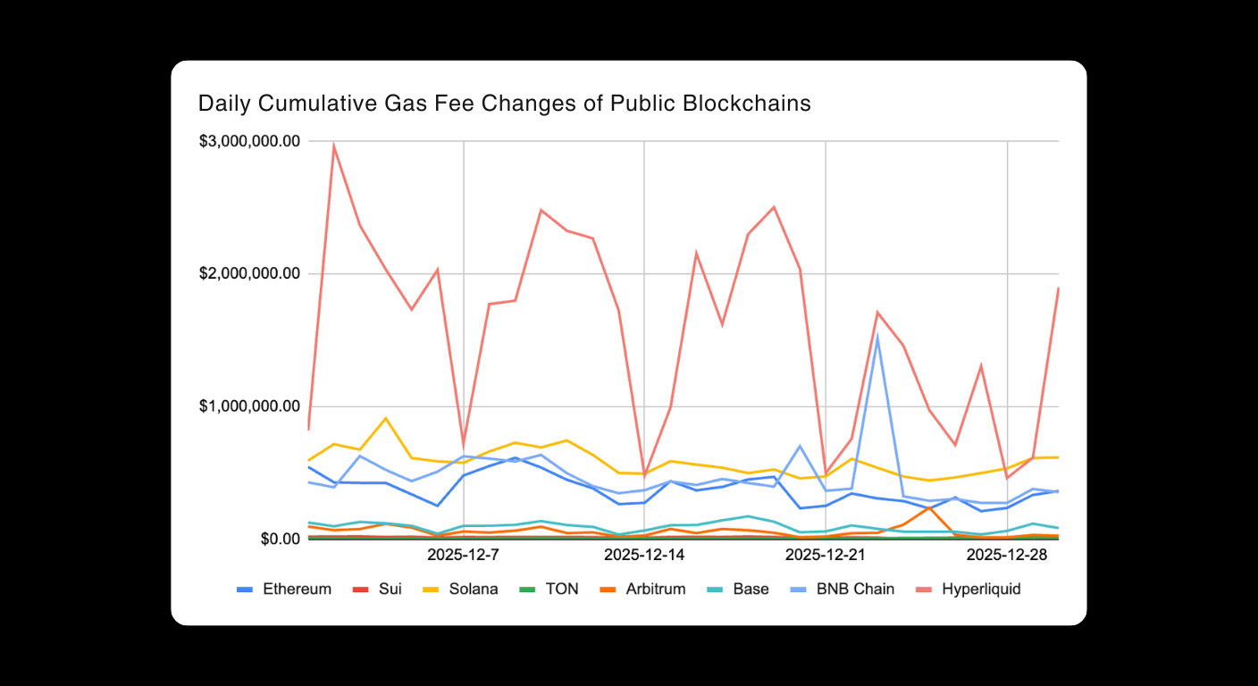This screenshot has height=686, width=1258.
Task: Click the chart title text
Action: coord(504,104)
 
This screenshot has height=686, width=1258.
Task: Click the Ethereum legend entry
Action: coord(284,590)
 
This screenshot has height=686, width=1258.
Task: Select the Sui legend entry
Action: coord(376,590)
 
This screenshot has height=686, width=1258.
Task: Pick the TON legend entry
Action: coord(549,590)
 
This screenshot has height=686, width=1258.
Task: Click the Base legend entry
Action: coord(737,590)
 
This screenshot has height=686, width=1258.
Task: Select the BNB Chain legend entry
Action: coord(840,590)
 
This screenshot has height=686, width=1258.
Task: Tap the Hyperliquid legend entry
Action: coord(969,590)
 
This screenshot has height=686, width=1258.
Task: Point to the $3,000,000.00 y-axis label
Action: coord(249,141)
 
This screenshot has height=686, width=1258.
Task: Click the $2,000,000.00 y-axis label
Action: coord(249,273)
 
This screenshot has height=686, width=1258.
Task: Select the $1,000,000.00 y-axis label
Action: coord(249,406)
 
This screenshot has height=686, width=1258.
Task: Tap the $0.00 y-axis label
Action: coord(276,539)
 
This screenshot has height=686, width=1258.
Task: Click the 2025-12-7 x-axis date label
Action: coord(463,556)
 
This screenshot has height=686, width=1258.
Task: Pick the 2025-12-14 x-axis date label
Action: coord(644,556)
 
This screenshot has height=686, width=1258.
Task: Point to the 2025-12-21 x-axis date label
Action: coord(825,556)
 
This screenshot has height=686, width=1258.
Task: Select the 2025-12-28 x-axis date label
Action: coord(1007,556)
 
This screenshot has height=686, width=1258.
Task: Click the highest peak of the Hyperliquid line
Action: coord(333,146)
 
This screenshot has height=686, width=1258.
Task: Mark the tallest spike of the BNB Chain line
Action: coord(877,336)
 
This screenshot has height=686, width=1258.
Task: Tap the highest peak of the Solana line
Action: coord(385,418)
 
